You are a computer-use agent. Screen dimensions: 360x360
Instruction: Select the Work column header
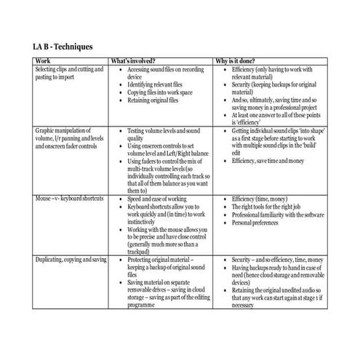tap(43, 61)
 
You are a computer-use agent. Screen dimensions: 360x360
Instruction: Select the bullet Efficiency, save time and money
tap(274, 159)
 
